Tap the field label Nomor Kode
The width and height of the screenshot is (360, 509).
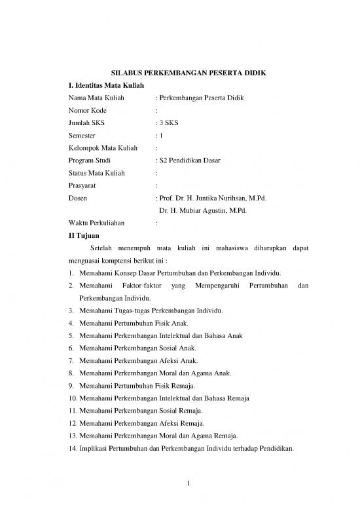(x=88, y=110)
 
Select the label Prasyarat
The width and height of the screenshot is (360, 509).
(x=82, y=185)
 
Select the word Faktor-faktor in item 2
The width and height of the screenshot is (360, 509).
(x=140, y=286)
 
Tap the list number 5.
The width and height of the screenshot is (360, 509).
(x=70, y=335)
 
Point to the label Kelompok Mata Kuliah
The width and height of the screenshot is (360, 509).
(x=103, y=148)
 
